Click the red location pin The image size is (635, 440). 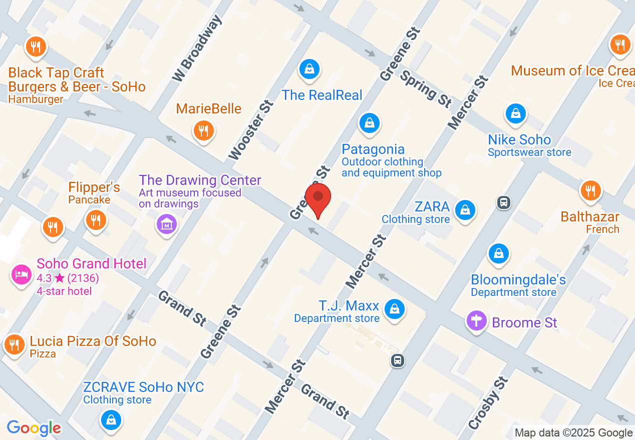coord(318,199)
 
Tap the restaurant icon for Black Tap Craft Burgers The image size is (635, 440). coord(36,47)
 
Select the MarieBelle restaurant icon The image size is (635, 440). coord(204,131)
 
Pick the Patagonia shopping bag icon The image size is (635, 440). coord(370,122)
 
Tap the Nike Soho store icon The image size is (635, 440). coord(515,114)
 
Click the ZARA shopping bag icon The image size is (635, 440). coord(466,210)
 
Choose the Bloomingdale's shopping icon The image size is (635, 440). coord(499,253)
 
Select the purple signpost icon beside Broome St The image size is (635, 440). coord(477,320)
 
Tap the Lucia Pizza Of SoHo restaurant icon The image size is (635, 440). coord(15,344)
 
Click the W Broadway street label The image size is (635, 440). coord(196,48)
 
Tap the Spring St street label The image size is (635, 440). coord(425,88)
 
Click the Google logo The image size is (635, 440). coord(34,428)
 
